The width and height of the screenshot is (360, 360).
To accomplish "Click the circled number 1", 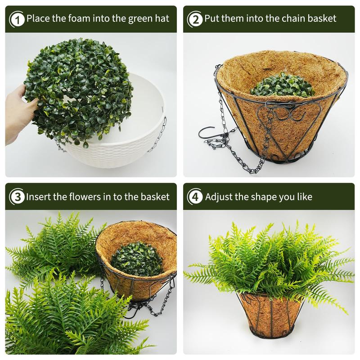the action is click(x=17, y=19).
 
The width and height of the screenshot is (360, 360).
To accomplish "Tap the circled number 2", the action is click(x=195, y=19).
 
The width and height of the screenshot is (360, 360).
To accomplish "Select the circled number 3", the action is click(x=17, y=197).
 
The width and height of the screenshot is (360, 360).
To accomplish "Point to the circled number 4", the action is click(x=195, y=197).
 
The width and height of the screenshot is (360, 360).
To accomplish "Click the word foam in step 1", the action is click(x=79, y=18).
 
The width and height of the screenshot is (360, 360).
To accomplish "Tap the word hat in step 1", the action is click(x=162, y=18).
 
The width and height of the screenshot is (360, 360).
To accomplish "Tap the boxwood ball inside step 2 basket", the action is click(x=283, y=85).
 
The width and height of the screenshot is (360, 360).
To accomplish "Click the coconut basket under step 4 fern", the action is click(x=271, y=315).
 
